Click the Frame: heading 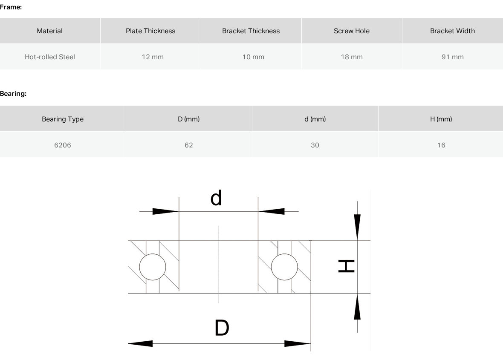tap(11, 7)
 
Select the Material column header tap(50, 31)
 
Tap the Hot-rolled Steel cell tap(50, 57)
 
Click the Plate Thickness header tap(150, 31)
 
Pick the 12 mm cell tap(153, 57)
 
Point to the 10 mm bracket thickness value tap(253, 57)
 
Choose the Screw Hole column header tap(352, 31)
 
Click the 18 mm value tap(352, 57)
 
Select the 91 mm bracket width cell tap(452, 57)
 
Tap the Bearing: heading tap(13, 94)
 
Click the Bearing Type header tap(63, 119)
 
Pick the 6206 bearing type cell tap(63, 145)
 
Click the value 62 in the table tap(188, 145)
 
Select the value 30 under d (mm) tap(315, 145)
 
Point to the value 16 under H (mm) tap(441, 145)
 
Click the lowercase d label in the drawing tap(216, 198)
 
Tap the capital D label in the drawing tap(222, 328)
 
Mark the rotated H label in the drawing tap(347, 266)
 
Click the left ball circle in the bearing tap(152, 253)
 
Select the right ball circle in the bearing tap(284, 253)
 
